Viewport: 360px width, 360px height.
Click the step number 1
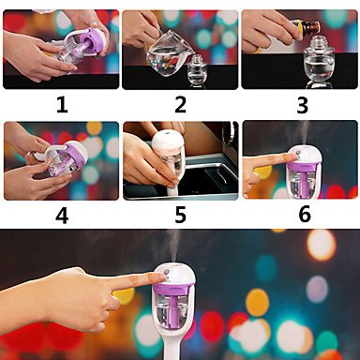coord(62,105)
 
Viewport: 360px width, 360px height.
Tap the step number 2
coord(180,105)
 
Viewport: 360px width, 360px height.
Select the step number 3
coord(302,105)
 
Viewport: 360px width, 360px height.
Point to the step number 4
coord(62,216)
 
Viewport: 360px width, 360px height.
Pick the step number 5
coord(180,216)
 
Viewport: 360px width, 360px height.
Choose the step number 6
coord(305,215)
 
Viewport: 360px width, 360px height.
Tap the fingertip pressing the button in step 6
coord(291,157)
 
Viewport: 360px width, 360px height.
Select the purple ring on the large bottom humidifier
coord(174,286)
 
